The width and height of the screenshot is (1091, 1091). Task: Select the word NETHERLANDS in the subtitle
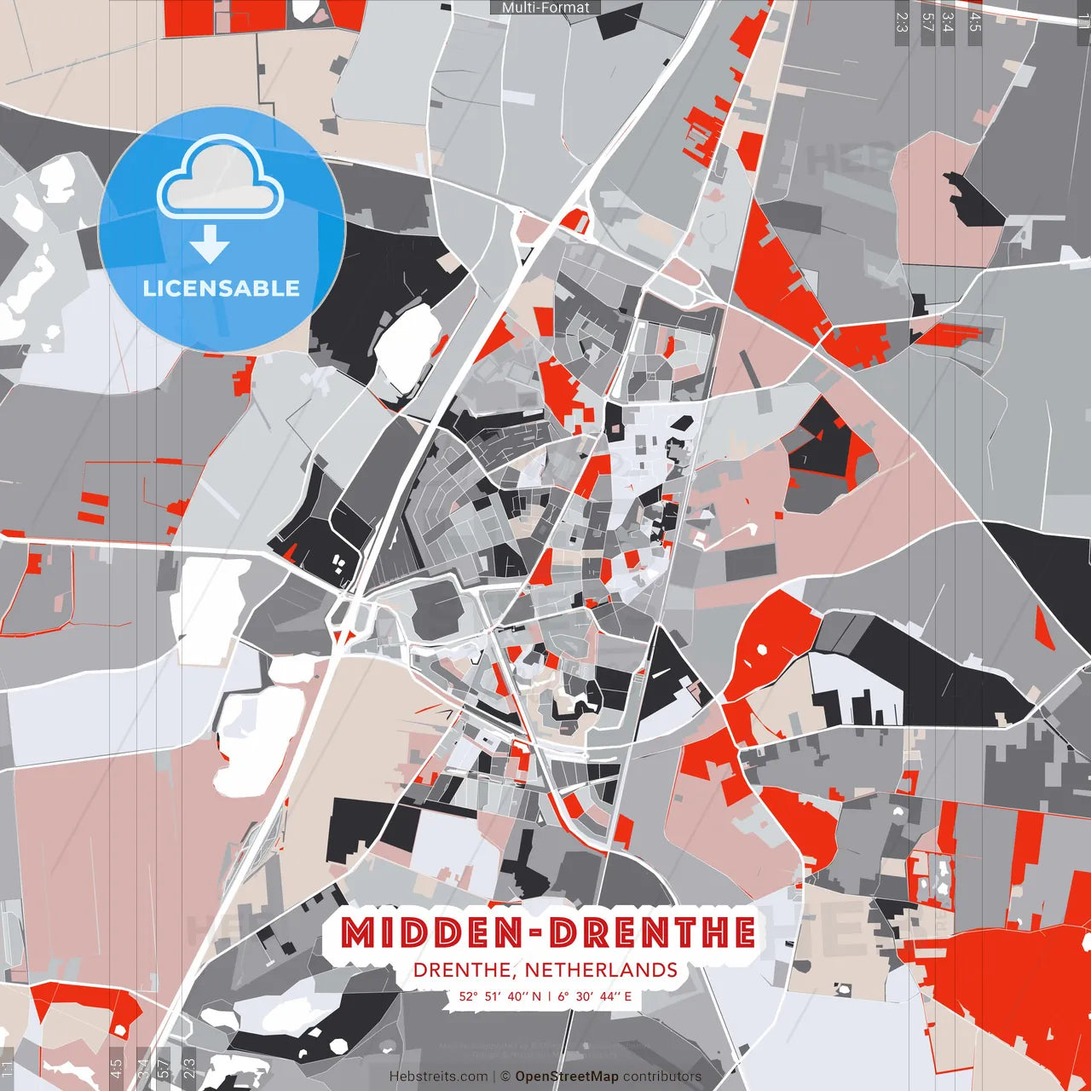(x=601, y=970)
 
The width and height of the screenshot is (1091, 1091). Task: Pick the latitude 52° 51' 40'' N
(x=499, y=996)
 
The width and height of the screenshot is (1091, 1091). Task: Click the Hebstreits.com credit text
(x=438, y=1077)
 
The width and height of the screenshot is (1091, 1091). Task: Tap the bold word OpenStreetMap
(x=567, y=1077)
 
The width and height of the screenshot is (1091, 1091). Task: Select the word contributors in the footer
(x=662, y=1077)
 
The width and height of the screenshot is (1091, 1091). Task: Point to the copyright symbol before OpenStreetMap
(x=505, y=1077)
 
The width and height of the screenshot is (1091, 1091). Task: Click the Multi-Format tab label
(x=545, y=8)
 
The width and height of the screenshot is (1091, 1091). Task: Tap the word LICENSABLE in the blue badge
(x=222, y=288)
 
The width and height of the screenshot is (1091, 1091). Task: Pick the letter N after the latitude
(x=536, y=996)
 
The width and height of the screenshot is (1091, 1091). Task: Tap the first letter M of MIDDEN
(x=358, y=933)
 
